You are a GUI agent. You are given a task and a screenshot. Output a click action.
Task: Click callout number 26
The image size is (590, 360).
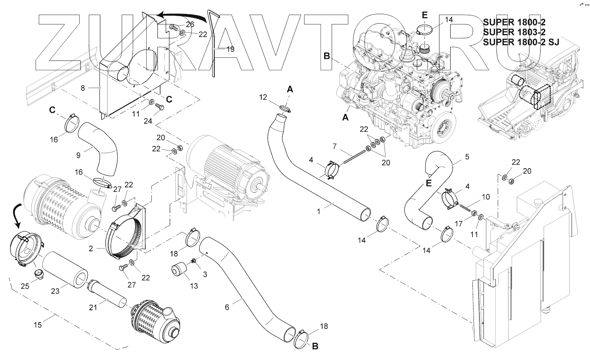(190, 25)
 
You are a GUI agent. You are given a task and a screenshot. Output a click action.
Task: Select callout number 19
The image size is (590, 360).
(230, 49)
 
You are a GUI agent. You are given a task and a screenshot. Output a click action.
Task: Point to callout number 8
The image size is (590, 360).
(83, 88)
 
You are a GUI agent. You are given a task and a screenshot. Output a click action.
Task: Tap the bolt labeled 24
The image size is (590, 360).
(161, 108)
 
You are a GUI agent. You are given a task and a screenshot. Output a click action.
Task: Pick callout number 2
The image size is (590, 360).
(91, 249)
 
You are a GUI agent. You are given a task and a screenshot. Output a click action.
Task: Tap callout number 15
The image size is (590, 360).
(38, 325)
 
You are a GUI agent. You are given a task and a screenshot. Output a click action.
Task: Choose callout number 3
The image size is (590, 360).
(205, 274)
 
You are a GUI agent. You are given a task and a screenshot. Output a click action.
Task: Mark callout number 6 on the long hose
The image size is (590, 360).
(227, 307)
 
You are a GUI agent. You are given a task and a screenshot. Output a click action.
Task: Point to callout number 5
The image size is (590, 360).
(467, 157)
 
